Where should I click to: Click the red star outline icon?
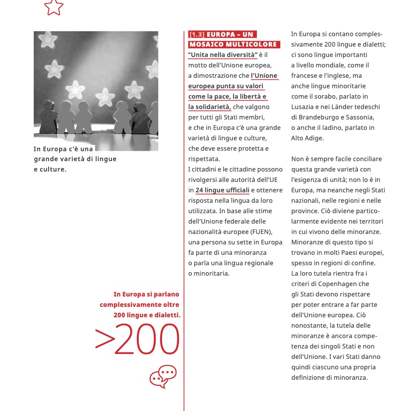tap(54, 6)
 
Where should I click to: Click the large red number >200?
tap(137, 340)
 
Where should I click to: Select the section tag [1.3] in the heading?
tap(197, 35)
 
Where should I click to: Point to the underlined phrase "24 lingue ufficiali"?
tap(222, 190)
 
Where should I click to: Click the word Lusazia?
tap(303, 107)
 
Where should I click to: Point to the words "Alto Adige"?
tap(307, 138)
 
